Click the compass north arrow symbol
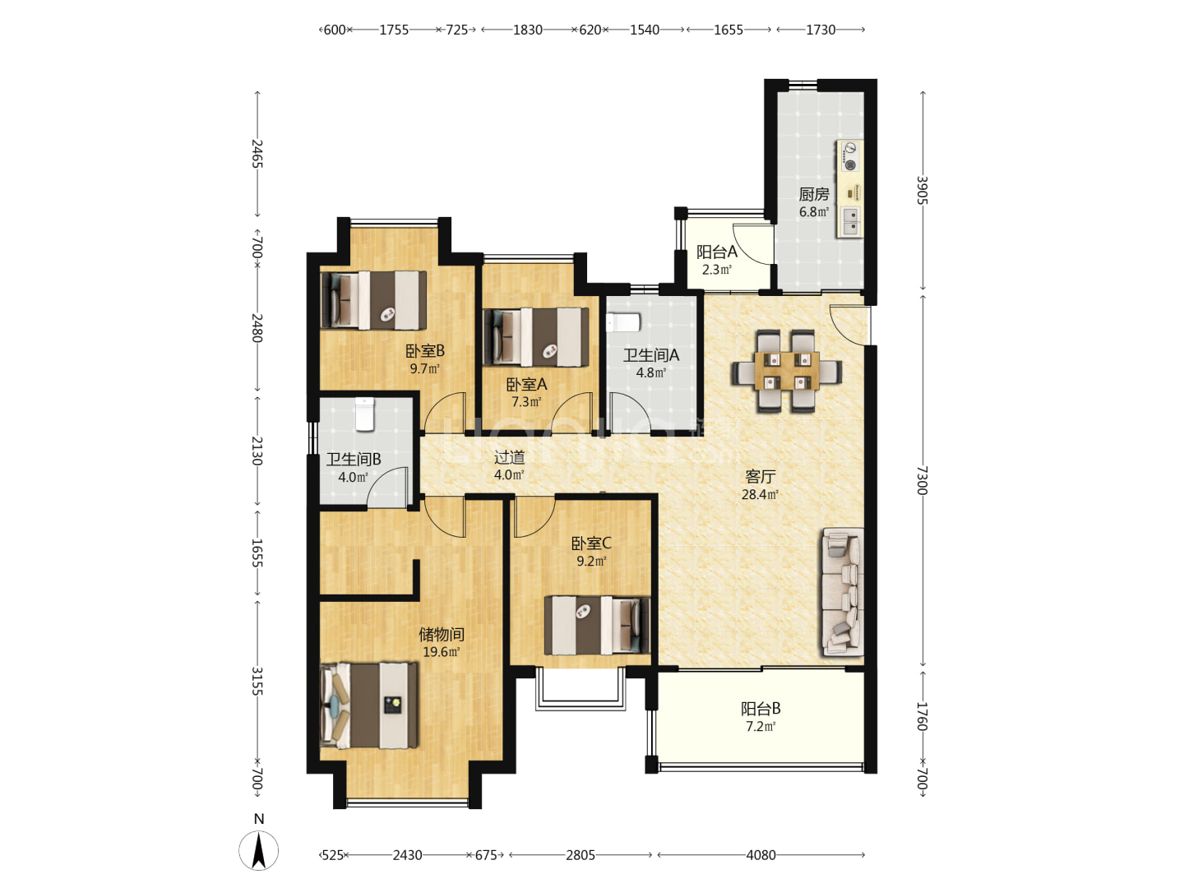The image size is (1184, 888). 258,850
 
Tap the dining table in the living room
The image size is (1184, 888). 787,371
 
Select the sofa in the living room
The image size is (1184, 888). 843,591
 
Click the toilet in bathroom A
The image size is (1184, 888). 623,323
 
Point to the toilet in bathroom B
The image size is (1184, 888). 364,414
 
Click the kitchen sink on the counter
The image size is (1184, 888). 851,222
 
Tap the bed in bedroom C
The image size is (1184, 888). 598,625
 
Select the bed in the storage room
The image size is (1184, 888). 369,705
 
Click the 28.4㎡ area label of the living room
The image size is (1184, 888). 760,494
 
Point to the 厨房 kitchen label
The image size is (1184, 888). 814,194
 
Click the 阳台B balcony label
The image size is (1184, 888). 761,709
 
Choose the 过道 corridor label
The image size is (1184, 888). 509,457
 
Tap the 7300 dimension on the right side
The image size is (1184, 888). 922,480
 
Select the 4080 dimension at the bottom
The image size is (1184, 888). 761,855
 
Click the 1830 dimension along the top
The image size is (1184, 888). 528,30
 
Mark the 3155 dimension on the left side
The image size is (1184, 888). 257,681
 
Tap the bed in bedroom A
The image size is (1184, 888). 536,337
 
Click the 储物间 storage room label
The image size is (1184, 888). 442,635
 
